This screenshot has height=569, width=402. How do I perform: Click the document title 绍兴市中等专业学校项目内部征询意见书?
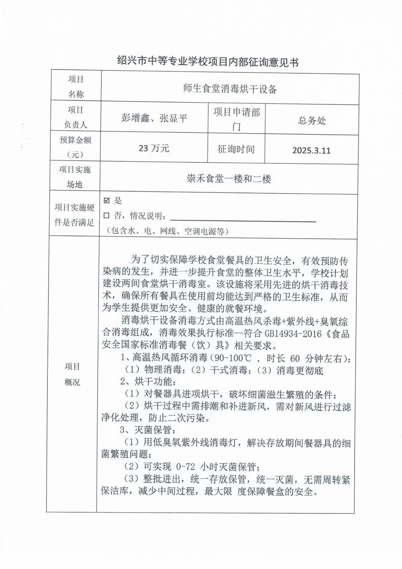click(x=207, y=62)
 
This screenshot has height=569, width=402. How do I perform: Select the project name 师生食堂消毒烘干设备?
click(x=230, y=89)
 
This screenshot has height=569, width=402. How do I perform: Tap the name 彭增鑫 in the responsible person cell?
click(x=135, y=118)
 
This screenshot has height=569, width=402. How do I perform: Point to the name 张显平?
click(x=173, y=118)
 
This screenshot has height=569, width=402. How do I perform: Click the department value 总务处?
click(x=312, y=120)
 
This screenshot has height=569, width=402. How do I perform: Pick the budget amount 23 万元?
click(x=154, y=148)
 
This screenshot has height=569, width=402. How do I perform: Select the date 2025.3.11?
click(x=311, y=150)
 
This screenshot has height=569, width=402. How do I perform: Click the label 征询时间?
click(x=236, y=149)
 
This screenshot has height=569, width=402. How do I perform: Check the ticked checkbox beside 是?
click(x=107, y=201)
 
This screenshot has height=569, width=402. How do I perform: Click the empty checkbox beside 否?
click(x=107, y=216)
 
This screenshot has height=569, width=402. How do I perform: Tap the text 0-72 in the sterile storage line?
click(x=186, y=467)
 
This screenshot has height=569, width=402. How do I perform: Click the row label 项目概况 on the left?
click(x=72, y=374)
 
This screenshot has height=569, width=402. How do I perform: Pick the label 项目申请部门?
click(x=236, y=119)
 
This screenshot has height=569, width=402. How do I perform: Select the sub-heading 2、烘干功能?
click(x=148, y=381)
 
